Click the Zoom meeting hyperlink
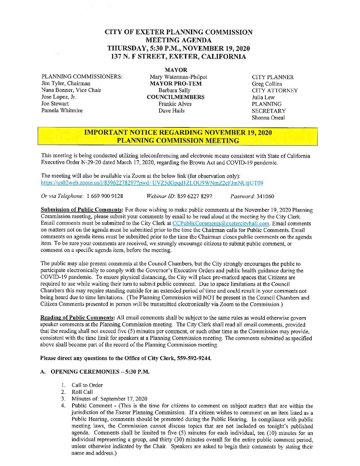click(152, 183)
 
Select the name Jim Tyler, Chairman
click(66, 83)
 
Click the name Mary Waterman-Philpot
click(178, 77)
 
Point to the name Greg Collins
click(267, 84)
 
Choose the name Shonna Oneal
click(268, 117)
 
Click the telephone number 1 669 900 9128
click(105, 196)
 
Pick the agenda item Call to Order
click(87, 385)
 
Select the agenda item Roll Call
click(82, 392)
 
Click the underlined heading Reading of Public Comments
click(78, 318)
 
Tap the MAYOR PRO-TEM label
click(176, 83)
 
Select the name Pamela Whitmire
click(62, 110)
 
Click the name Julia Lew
click(263, 97)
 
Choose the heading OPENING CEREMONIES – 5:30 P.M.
click(100, 372)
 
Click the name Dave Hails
click(171, 111)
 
